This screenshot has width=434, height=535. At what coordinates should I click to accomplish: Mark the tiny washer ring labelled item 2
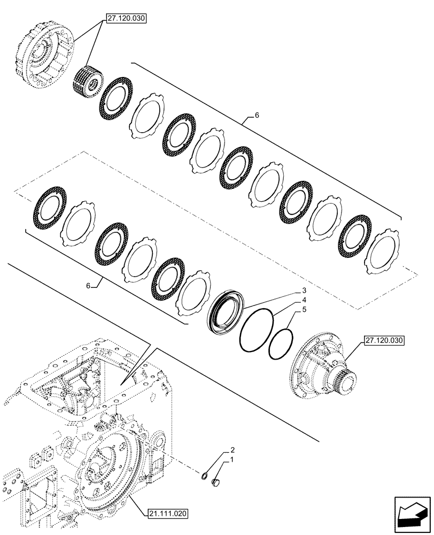coord(205,475)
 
